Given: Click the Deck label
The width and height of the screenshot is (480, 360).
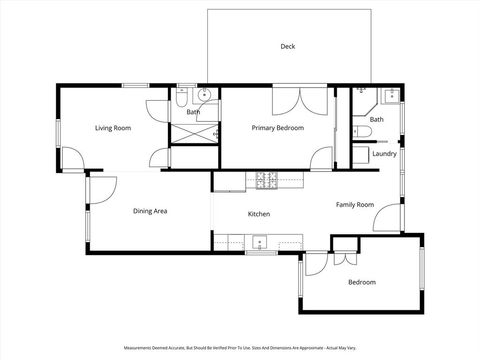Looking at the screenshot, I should [x=288, y=46].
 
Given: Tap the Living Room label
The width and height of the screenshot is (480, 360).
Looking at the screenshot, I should [x=113, y=128].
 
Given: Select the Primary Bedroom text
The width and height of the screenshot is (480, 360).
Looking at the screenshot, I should [x=277, y=128].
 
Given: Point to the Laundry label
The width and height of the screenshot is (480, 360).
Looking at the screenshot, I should [x=384, y=154].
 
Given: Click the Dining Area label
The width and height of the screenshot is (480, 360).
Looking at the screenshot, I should [x=150, y=211].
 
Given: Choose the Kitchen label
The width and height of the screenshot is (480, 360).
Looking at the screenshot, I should [x=259, y=215].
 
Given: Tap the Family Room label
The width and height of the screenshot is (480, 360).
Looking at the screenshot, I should [x=354, y=204].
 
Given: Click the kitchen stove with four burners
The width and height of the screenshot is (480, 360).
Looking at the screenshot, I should [x=266, y=180].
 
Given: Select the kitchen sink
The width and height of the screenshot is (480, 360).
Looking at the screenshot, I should [x=259, y=241].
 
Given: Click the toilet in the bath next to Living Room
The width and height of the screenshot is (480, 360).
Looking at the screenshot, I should [x=182, y=97].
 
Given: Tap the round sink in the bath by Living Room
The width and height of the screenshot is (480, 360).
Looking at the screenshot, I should [x=203, y=96].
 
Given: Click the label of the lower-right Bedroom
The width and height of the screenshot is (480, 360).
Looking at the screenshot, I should [x=362, y=283].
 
